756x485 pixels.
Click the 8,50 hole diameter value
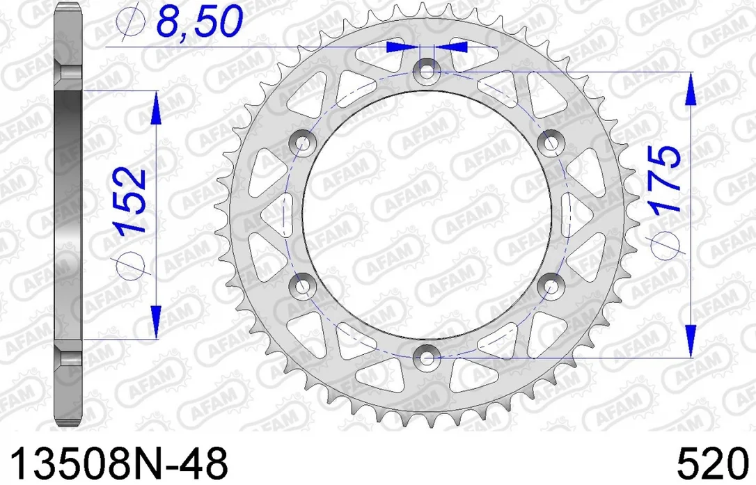[x=198, y=22]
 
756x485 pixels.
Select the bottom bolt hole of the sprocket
[x=426, y=357]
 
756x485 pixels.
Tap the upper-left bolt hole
[x=302, y=142]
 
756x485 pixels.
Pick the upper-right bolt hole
[x=551, y=142]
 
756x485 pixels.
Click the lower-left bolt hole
[x=302, y=285]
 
